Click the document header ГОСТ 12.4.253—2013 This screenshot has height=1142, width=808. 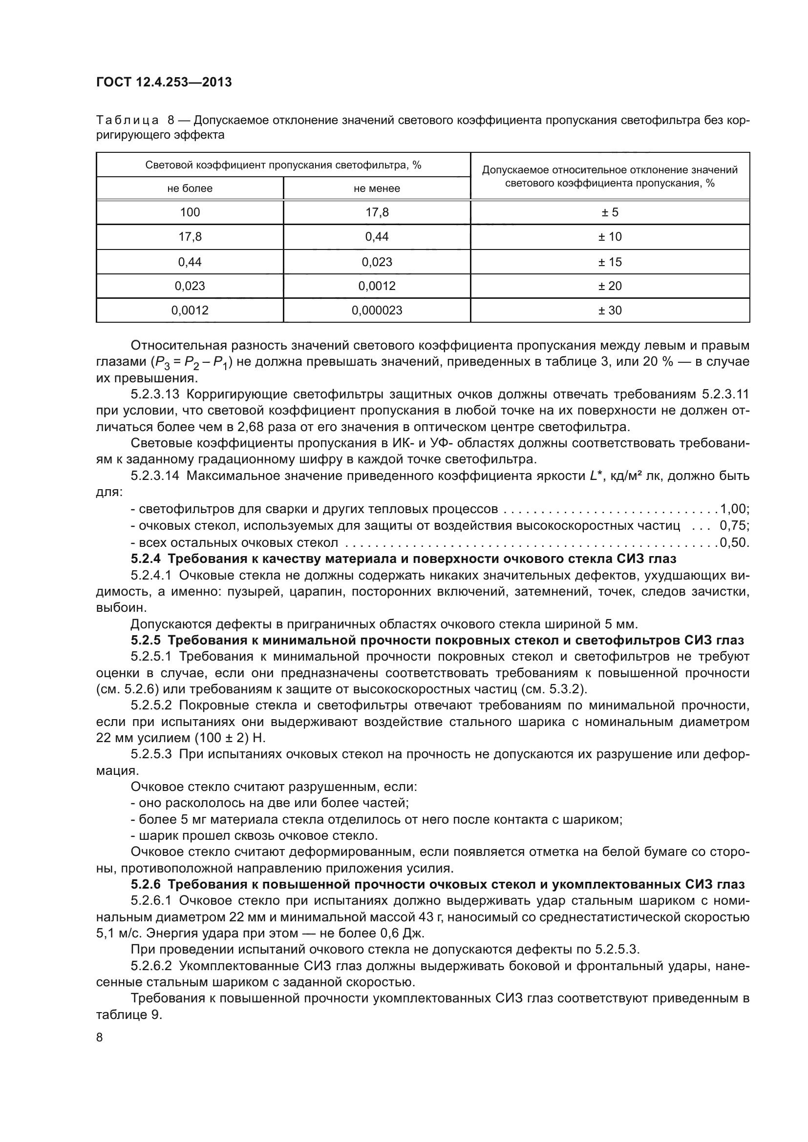164,82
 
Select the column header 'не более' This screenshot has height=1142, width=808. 190,188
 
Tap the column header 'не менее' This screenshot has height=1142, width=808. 377,188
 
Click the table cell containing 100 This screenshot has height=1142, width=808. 190,212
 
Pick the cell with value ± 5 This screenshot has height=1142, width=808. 610,212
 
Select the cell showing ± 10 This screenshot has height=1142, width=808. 610,237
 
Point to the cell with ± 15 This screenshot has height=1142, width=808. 610,262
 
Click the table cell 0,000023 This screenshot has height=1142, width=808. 377,311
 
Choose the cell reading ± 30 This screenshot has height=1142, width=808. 610,311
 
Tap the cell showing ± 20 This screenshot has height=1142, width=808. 610,286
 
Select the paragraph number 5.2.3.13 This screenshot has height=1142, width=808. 154,395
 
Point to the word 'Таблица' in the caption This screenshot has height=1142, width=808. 128,121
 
